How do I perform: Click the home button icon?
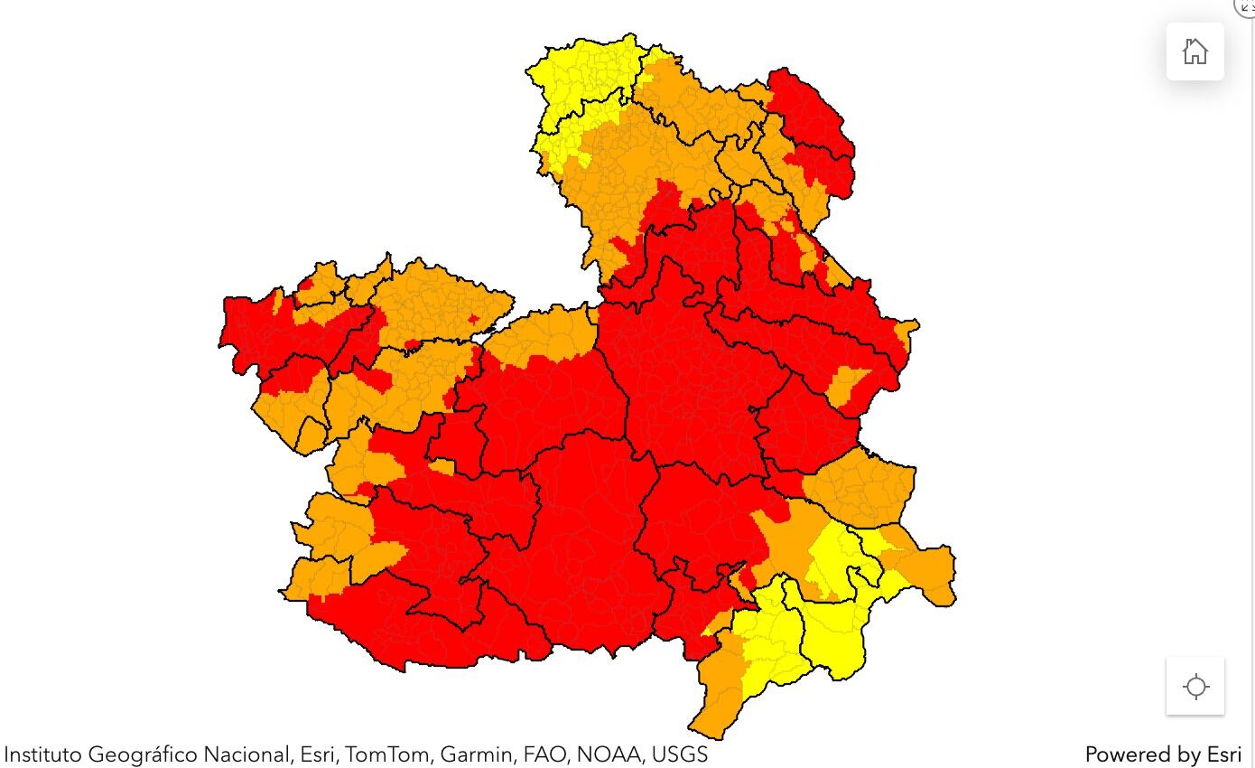click(1195, 52)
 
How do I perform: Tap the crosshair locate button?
click(1195, 687)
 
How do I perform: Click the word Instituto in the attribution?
click(42, 754)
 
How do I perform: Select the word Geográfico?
click(142, 754)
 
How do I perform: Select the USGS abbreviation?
click(679, 754)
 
